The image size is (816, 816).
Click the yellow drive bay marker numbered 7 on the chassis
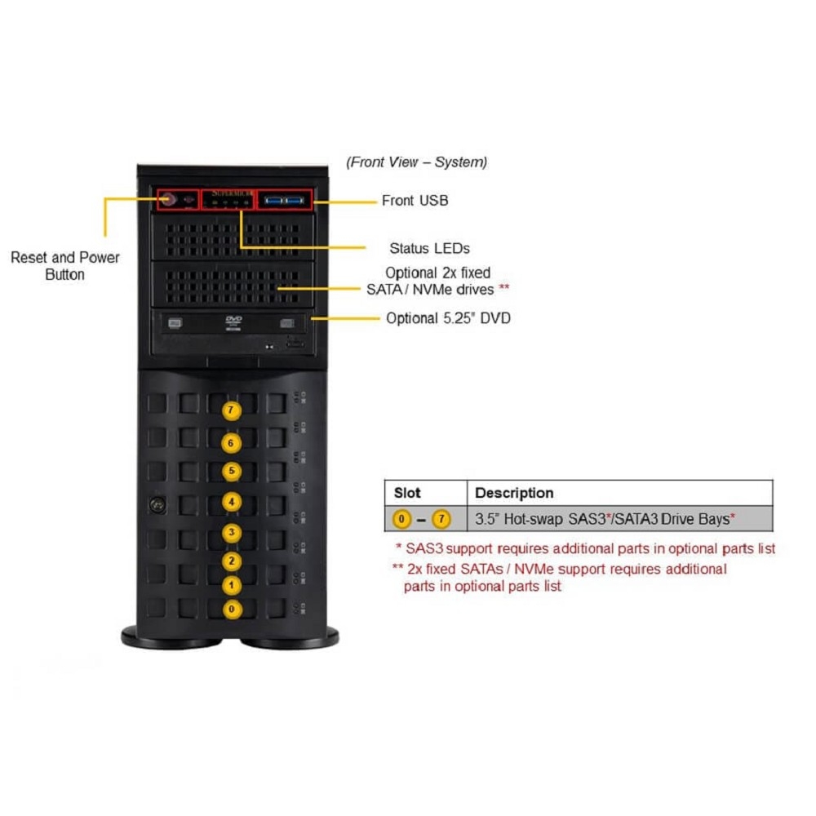(231, 410)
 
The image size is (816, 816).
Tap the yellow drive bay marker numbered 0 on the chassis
(232, 610)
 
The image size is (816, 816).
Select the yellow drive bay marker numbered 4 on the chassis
(232, 502)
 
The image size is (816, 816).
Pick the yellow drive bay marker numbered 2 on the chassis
(232, 561)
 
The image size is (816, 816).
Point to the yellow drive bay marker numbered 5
(232, 472)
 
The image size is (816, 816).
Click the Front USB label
(415, 201)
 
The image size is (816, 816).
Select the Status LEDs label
(429, 249)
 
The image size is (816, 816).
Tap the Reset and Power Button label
(65, 266)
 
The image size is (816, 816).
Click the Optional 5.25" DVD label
(448, 318)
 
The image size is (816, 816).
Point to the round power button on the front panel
(168, 199)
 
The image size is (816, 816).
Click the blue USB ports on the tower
(284, 201)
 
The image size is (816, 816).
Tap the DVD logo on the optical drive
(233, 322)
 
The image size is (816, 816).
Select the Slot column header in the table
(407, 493)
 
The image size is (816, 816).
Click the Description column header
(514, 493)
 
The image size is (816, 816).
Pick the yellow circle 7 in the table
(441, 519)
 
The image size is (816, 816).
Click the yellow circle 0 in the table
(401, 519)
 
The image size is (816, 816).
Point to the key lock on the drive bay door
(157, 505)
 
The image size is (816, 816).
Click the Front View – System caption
(417, 162)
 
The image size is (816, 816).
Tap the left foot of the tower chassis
(171, 638)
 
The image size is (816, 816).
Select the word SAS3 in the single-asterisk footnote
(424, 549)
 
